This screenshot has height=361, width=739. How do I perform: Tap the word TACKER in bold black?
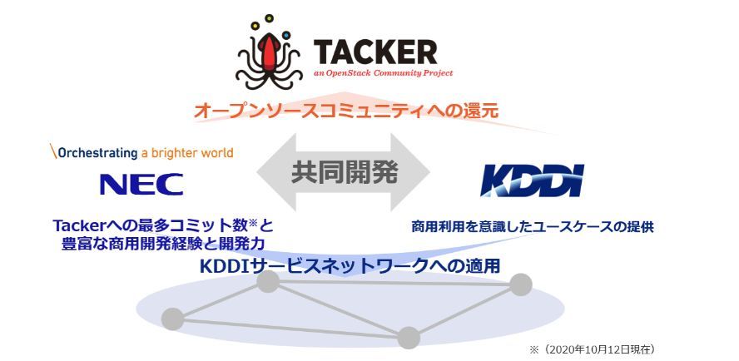(374, 52)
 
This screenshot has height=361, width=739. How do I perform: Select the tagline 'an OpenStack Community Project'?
(384, 73)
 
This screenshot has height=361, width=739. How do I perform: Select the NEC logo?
(141, 184)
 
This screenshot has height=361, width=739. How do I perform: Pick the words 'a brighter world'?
(187, 153)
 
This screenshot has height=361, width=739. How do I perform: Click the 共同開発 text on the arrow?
(345, 172)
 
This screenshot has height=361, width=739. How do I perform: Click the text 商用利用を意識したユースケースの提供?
(533, 225)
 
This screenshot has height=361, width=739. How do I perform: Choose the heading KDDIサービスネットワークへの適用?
(355, 266)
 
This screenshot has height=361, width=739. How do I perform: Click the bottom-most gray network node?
(408, 337)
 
